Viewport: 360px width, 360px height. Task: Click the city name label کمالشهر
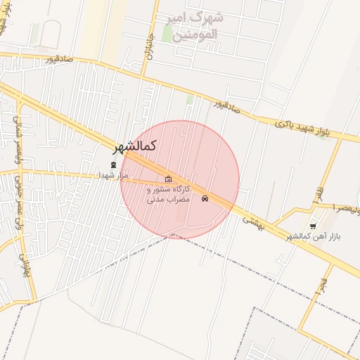[x=135, y=146]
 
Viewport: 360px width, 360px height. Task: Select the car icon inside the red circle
[x=205, y=198]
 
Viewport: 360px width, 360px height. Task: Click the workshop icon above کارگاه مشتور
[x=168, y=179]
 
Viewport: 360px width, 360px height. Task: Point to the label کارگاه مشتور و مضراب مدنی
[x=168, y=195]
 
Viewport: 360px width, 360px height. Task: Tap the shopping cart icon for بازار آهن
[x=311, y=226]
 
